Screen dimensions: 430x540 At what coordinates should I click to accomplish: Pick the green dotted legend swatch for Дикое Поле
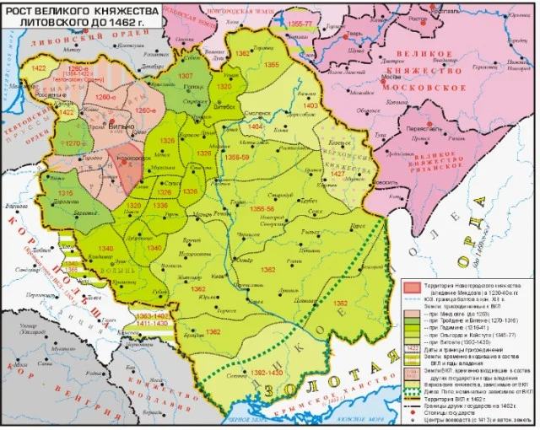(x=408, y=390)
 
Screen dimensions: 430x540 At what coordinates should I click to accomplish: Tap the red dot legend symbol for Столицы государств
(x=408, y=413)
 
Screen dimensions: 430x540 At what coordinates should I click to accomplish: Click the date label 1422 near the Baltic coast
(x=39, y=67)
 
